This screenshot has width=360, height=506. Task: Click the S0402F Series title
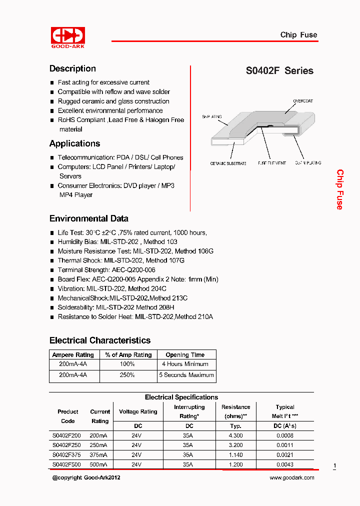tap(279, 71)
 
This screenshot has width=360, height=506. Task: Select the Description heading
tap(72, 69)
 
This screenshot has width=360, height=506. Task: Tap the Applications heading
tap(74, 144)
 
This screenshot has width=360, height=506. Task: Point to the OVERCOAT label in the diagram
tap(303, 101)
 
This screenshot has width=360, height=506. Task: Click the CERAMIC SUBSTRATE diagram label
tap(228, 163)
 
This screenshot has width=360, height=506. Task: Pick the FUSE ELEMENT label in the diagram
tap(272, 163)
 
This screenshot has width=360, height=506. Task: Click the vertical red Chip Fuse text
tap(339, 189)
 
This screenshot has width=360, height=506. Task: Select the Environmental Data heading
tap(88, 218)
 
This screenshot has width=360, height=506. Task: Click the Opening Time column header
tap(185, 355)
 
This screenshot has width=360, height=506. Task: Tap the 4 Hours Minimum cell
tap(185, 364)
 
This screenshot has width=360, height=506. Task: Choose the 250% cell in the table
tap(127, 375)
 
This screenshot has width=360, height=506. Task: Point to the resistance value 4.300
tap(235, 435)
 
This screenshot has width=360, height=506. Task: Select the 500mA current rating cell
tap(99, 464)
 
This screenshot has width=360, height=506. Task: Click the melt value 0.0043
tap(285, 464)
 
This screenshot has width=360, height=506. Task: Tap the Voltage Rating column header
tap(138, 412)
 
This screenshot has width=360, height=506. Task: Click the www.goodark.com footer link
tap(292, 478)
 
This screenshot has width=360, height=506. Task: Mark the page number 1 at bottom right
tap(334, 466)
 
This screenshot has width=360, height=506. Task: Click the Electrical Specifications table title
tap(181, 397)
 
